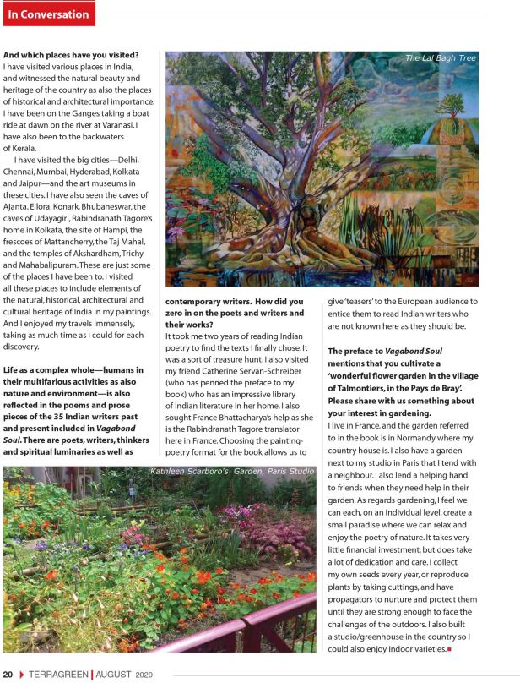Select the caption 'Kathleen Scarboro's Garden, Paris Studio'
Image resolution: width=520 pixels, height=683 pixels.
coord(232,471)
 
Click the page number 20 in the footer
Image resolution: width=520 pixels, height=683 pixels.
coord(8,674)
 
